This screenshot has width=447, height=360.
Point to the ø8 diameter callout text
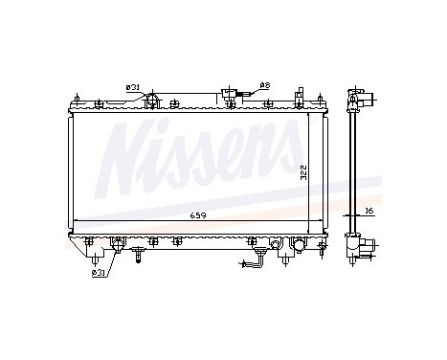tap(264, 86)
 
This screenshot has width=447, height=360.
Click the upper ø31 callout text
tap(133, 88)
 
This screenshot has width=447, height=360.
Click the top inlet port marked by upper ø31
tap(150, 97)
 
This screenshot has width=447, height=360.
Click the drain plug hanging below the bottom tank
tap(140, 254)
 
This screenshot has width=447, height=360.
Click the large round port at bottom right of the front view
tap(299, 246)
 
